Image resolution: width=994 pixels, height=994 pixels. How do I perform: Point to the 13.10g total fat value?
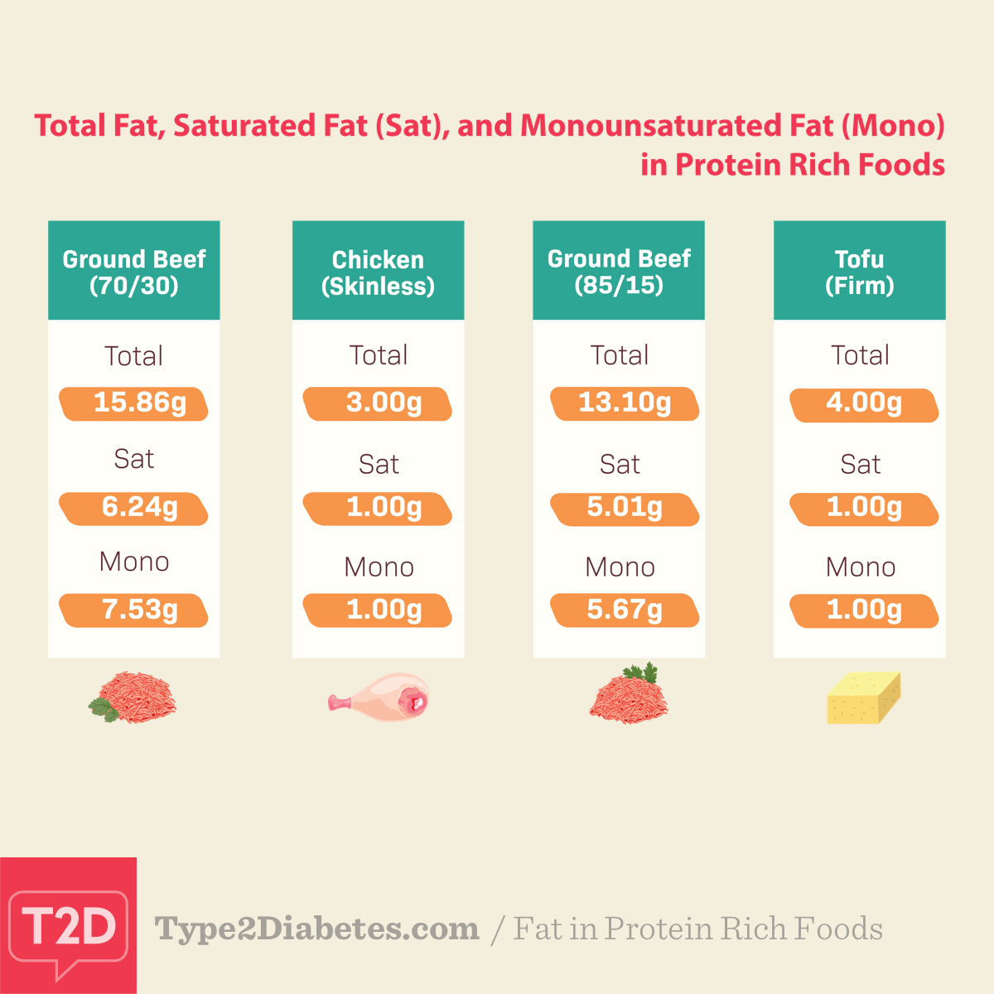coord(625,403)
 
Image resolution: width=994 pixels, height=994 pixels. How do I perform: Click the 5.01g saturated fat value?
coord(625,507)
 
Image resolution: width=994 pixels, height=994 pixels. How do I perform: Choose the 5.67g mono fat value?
coord(625,610)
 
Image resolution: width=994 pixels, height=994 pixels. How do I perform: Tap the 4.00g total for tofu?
coord(864,403)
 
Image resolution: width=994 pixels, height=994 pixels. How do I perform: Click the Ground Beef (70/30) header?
coord(134,272)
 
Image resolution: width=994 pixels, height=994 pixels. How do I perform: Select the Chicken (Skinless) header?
coord(379,272)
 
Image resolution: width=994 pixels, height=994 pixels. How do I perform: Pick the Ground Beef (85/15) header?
coord(619,272)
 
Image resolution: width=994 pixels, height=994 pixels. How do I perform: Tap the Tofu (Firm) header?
coord(860,272)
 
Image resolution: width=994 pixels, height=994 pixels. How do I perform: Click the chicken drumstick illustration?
coord(380,698)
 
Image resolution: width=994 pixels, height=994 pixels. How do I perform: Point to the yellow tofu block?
coord(863,698)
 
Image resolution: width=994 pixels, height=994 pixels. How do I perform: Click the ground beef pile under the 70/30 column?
coord(134,698)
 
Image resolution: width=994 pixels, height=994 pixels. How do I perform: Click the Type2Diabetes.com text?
coord(317,929)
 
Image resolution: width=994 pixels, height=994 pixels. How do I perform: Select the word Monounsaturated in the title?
coord(676,126)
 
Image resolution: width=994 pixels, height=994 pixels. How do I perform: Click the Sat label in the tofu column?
coord(860,464)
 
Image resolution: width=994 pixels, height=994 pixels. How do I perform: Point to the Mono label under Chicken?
coord(379,567)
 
